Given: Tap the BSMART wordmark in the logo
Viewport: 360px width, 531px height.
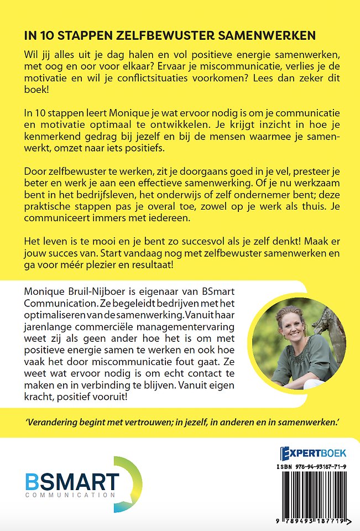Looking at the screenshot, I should [x=72, y=481].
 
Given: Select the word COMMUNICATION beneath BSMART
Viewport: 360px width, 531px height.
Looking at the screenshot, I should [x=71, y=494].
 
